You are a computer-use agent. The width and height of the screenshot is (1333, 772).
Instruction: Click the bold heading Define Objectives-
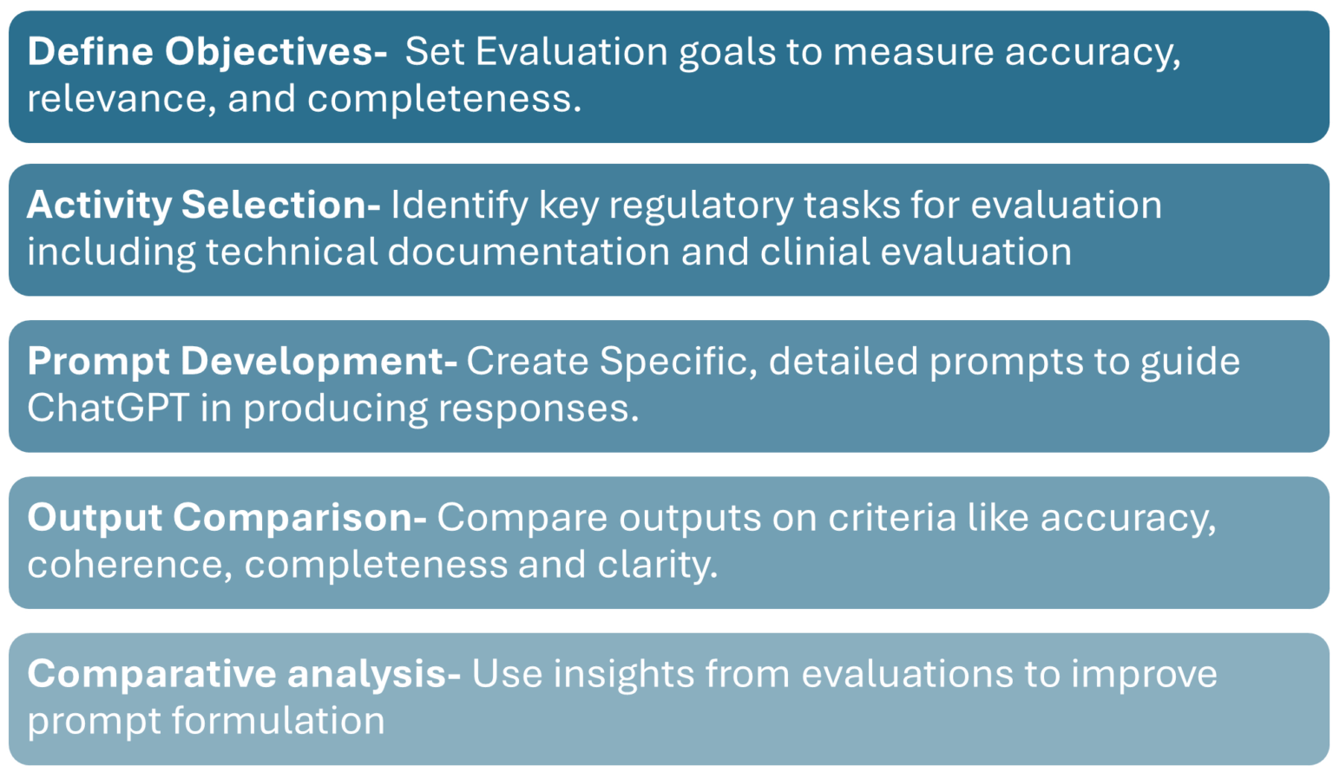(207, 52)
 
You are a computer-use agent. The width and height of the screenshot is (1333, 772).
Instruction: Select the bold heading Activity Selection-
(203, 206)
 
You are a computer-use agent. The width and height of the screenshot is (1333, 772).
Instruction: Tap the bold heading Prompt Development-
(242, 361)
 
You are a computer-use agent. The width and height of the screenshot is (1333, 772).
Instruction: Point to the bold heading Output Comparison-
(227, 517)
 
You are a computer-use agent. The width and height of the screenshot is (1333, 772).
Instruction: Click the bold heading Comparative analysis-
(244, 674)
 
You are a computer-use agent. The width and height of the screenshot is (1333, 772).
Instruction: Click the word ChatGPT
(108, 408)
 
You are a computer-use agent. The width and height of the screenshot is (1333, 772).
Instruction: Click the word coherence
(129, 565)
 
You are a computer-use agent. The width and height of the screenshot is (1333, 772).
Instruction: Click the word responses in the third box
(538, 408)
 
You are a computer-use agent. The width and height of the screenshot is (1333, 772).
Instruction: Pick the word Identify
(459, 206)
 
